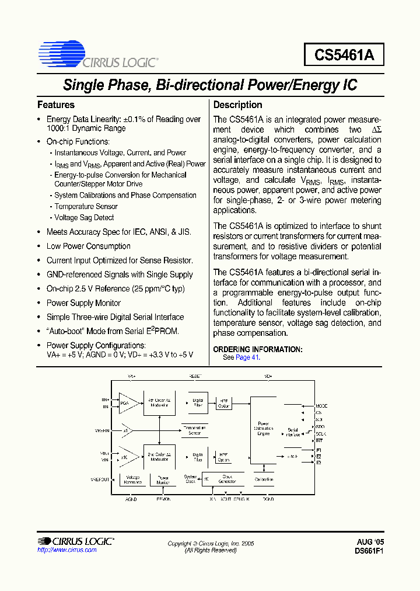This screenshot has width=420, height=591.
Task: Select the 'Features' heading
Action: point(56,105)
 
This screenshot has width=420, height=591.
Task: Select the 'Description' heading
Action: point(237,105)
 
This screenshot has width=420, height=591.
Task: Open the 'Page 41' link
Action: point(247,357)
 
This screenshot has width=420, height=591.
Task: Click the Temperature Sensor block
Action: point(194,430)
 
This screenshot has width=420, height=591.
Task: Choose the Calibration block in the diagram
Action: point(264,479)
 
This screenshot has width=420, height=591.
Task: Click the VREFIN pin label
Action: point(102,431)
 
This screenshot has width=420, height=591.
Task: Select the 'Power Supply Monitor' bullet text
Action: point(83,303)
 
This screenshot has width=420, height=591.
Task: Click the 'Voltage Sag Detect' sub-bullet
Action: point(84,217)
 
